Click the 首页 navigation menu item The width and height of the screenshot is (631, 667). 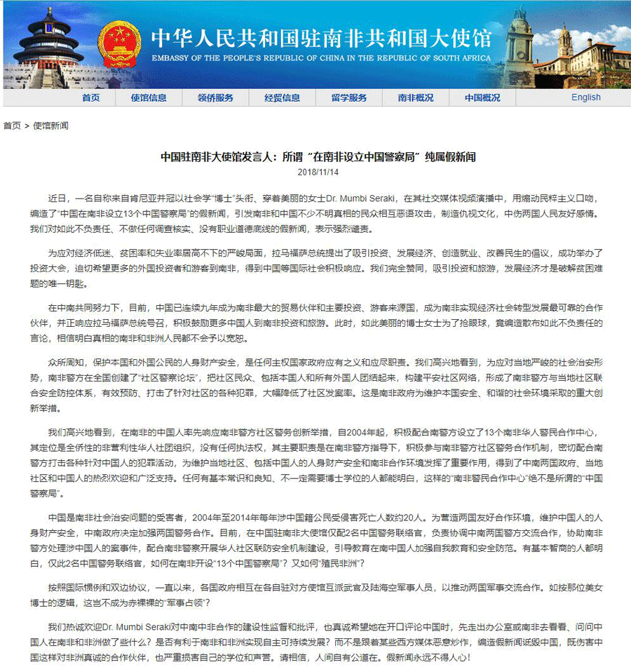click(90, 97)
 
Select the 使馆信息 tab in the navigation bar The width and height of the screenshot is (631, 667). click(149, 97)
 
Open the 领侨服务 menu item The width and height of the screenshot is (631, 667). click(215, 97)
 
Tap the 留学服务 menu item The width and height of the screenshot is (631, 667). click(349, 97)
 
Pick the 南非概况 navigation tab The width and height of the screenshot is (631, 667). click(416, 97)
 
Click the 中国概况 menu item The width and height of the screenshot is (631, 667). click(482, 97)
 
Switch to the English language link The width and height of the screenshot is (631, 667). click(585, 97)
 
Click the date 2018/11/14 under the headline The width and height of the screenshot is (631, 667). click(318, 172)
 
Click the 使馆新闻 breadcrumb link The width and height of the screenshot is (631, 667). click(51, 126)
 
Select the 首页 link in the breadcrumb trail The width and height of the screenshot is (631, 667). click(12, 126)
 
